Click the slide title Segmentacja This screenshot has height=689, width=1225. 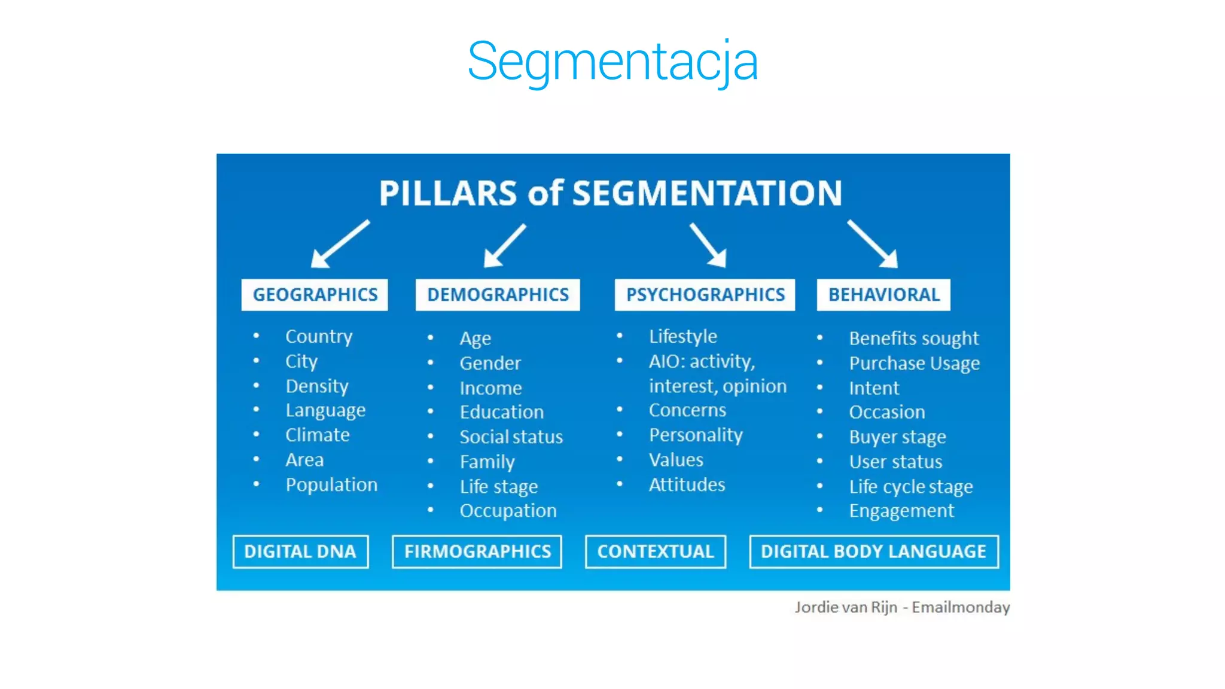[x=612, y=61]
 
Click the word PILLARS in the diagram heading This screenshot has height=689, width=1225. [x=448, y=193]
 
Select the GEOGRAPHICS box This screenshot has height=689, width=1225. [x=315, y=295]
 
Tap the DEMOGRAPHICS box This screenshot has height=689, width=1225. [x=498, y=295]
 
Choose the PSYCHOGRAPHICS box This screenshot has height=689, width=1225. [x=705, y=295]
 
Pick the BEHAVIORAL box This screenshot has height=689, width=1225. [x=883, y=295]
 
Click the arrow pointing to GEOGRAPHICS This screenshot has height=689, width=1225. [x=339, y=245]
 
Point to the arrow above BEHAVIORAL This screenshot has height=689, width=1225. [x=873, y=244]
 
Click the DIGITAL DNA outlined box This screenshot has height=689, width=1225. [x=300, y=551]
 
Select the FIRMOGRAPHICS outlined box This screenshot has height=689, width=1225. [x=477, y=551]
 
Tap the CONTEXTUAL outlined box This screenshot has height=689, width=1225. [x=656, y=551]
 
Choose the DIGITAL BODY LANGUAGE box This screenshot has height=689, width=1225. [x=873, y=551]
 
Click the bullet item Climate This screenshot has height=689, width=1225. [x=318, y=435]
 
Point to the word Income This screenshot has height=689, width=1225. [x=490, y=388]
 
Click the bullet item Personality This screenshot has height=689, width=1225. [x=696, y=435]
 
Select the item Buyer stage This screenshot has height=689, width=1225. [x=897, y=437]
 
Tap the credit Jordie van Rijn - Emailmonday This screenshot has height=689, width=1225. [x=902, y=607]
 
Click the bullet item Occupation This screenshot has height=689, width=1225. [x=508, y=511]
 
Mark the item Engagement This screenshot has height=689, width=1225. [x=901, y=511]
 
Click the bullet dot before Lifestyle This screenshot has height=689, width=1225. [x=620, y=336]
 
